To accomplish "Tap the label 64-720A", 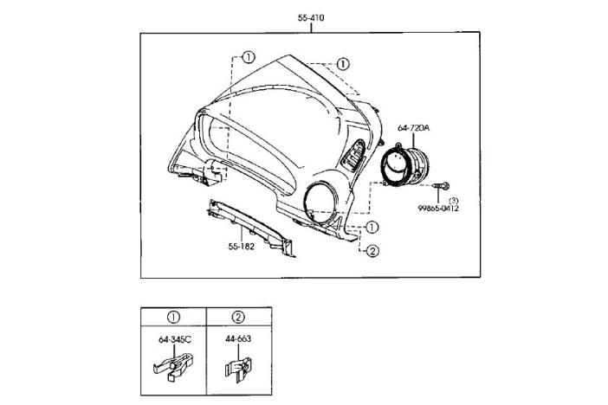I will [414, 129].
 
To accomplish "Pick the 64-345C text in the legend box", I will [174, 338].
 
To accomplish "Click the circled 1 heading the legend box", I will [173, 317].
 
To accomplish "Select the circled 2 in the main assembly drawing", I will [372, 252].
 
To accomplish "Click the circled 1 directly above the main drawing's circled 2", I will [372, 228].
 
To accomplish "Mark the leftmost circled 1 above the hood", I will [249, 58].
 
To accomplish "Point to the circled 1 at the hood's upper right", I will [343, 64].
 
